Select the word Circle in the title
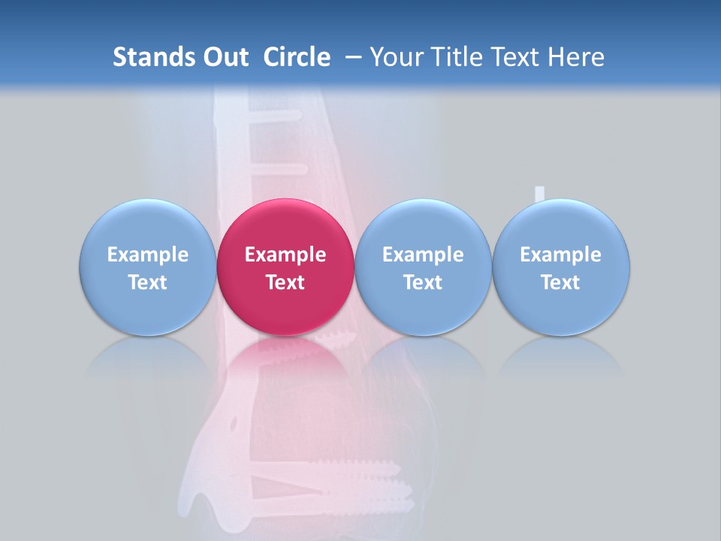297,57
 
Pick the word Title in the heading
457,57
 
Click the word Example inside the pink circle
285,255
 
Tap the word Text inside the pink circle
285,283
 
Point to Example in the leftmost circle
147,255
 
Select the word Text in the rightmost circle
560,283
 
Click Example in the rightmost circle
560,255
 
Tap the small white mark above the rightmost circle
538,194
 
